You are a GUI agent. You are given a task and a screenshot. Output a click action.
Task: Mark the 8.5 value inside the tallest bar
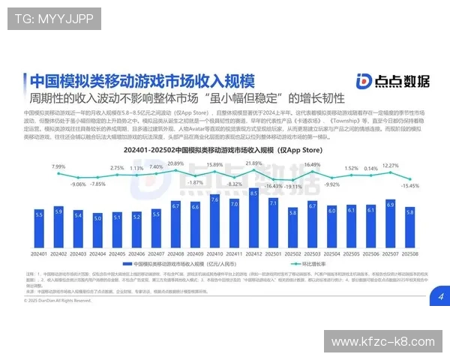click(x=253, y=193)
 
